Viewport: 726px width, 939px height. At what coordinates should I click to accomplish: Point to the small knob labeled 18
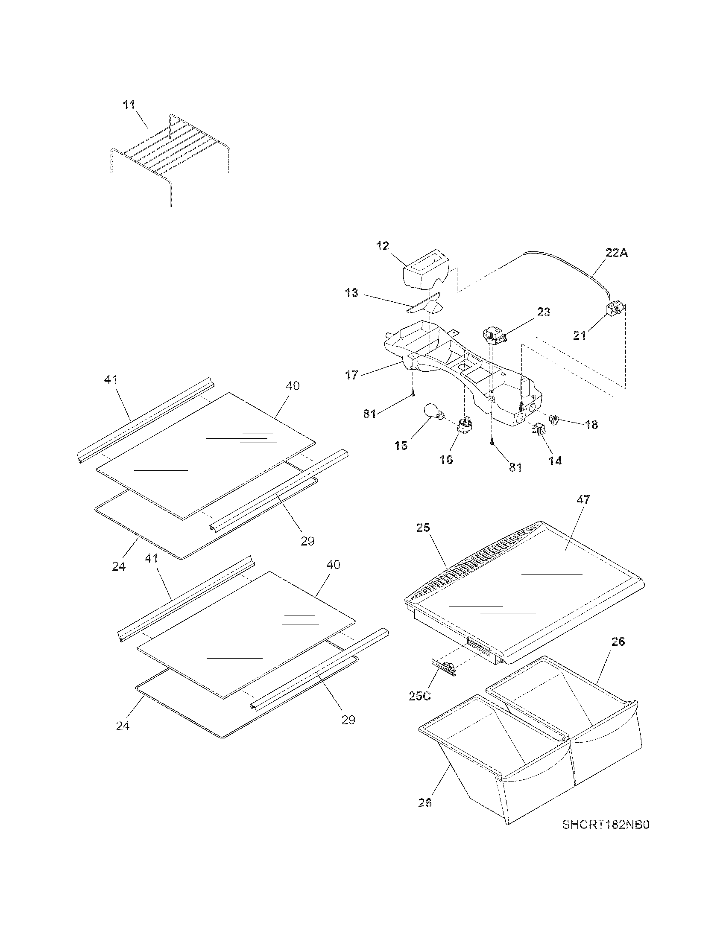[x=555, y=417]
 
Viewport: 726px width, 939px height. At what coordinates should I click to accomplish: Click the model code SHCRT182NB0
[x=605, y=837]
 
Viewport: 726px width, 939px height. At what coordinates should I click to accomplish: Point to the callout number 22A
[x=617, y=253]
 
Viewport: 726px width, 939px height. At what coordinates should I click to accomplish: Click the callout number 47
[x=584, y=500]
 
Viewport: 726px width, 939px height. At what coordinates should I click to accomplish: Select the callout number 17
[x=351, y=375]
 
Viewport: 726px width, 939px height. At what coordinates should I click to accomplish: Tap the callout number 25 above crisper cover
[x=423, y=528]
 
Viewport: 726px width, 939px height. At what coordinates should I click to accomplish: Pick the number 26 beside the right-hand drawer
[x=618, y=654]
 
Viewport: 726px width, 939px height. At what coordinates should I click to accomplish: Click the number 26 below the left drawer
[x=425, y=803]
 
